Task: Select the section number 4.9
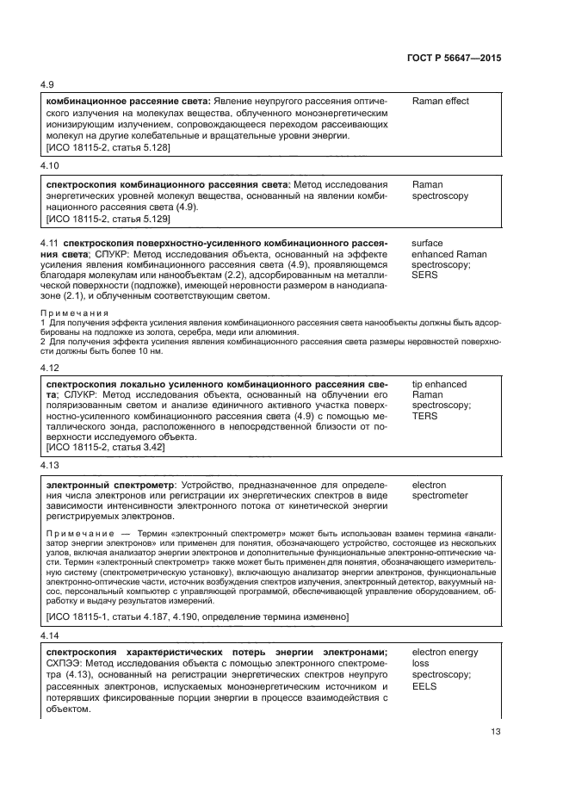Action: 47,85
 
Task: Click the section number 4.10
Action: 50,164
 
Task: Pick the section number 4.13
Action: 50,465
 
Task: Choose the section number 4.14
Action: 50,635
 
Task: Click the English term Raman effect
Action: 440,102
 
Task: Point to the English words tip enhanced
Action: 439,384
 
